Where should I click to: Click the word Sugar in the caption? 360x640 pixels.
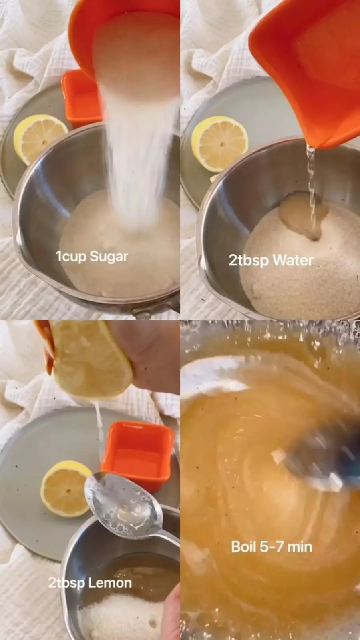109,257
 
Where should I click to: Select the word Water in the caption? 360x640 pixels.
293,261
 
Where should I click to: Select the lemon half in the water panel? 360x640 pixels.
219,143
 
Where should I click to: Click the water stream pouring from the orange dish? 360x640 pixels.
312,189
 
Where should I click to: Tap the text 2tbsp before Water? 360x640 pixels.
249,261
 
